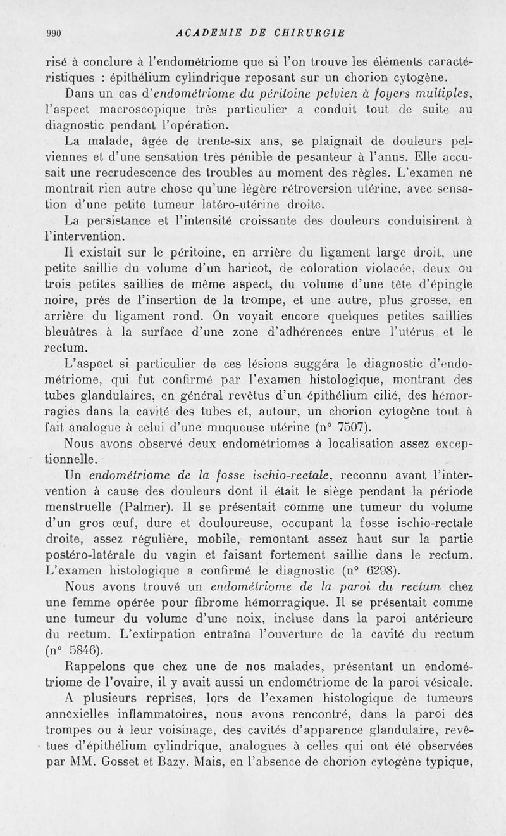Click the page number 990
point(53,33)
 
